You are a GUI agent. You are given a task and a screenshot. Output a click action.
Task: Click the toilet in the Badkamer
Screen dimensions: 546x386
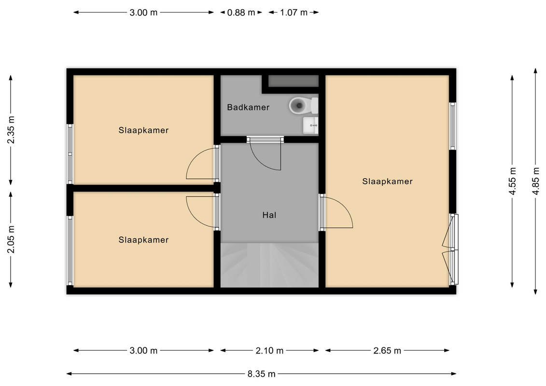coord(304,106)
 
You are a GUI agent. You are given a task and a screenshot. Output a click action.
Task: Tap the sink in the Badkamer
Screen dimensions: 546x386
coord(310,125)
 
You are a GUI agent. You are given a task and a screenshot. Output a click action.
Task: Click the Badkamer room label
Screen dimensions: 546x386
coord(248,107)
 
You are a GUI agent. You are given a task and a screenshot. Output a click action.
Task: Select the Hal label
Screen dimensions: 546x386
coord(269,215)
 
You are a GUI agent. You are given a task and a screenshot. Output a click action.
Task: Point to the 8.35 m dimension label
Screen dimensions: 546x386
coord(262,374)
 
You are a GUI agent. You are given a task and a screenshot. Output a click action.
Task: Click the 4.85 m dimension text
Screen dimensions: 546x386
coord(536,181)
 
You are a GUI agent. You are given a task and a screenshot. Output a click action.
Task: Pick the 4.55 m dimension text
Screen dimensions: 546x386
coord(512,181)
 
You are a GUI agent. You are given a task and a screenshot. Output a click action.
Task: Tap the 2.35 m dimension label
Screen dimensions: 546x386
coord(11,130)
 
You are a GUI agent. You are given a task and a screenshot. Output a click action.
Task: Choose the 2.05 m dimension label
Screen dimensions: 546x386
coord(11,239)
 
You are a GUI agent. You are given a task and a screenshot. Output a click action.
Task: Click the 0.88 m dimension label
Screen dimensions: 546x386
coord(241,13)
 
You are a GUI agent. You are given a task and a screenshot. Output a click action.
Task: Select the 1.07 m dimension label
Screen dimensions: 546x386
coord(294,13)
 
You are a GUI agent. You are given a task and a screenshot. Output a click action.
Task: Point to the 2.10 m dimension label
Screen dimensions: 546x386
coord(269,350)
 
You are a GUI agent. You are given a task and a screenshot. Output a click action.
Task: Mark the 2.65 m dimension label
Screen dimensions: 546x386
coord(387,350)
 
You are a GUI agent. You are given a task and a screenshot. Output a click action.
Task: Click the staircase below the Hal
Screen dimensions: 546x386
coord(269,265)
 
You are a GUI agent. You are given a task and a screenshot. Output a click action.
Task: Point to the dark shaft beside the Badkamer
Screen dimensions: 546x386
coord(293,81)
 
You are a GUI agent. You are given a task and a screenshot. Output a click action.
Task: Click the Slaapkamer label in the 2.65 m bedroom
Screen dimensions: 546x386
coord(387,181)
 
